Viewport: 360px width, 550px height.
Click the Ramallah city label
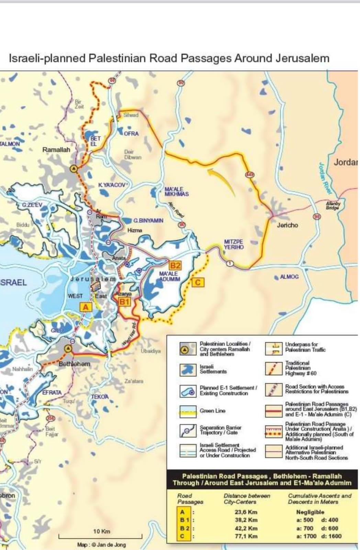click(x=56, y=150)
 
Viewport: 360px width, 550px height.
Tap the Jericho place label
click(x=288, y=225)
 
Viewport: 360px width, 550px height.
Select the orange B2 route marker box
click(x=175, y=265)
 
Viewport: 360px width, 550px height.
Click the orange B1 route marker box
click(x=124, y=302)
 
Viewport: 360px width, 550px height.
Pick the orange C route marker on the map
click(x=198, y=282)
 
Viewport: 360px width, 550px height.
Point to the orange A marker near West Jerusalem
click(x=86, y=307)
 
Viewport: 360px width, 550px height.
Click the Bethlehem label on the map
click(x=75, y=364)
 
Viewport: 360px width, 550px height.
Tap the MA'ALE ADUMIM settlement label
click(x=169, y=276)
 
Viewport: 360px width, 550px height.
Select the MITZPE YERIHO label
click(x=234, y=244)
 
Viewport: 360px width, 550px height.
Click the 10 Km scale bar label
click(x=102, y=531)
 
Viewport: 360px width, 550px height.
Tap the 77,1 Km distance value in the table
click(x=246, y=536)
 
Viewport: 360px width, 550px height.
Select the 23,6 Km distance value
click(x=246, y=512)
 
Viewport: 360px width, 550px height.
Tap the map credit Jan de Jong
click(x=101, y=545)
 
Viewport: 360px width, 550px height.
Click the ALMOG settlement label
click(x=289, y=277)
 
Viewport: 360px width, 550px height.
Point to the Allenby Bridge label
click(x=333, y=205)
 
